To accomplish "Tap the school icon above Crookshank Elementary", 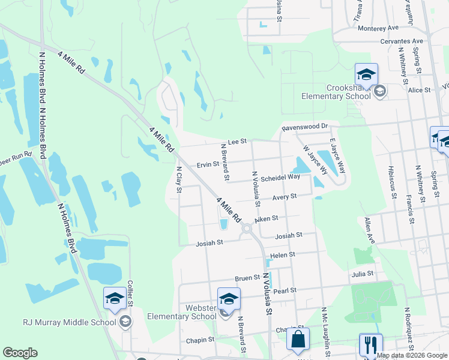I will [x=366, y=74].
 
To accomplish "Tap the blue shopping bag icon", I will [x=298, y=339].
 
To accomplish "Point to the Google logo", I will [x=20, y=353].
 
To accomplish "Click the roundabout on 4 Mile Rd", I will [x=246, y=229].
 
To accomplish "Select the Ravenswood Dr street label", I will [x=306, y=127].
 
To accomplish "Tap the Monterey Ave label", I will [x=378, y=28].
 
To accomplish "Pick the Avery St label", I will [x=285, y=196].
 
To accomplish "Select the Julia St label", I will [x=363, y=273].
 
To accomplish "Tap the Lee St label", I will [x=238, y=141].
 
